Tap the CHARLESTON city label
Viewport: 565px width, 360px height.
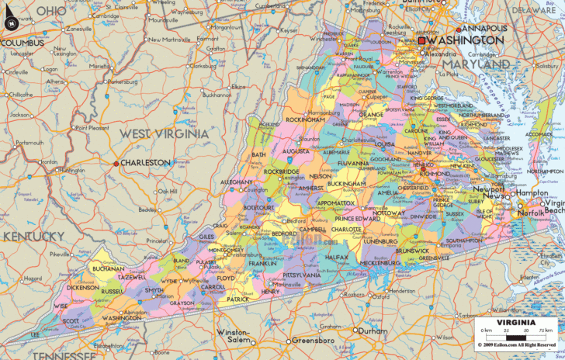pos(145,163)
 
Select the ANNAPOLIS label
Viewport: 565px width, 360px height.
pos(485,28)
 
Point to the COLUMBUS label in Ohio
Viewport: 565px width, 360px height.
pos(23,43)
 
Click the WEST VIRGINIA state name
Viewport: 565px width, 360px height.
pos(164,134)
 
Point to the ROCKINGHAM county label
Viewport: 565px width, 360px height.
pos(305,120)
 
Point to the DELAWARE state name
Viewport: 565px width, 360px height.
pos(534,10)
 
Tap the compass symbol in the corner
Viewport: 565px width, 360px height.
pos(11,20)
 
